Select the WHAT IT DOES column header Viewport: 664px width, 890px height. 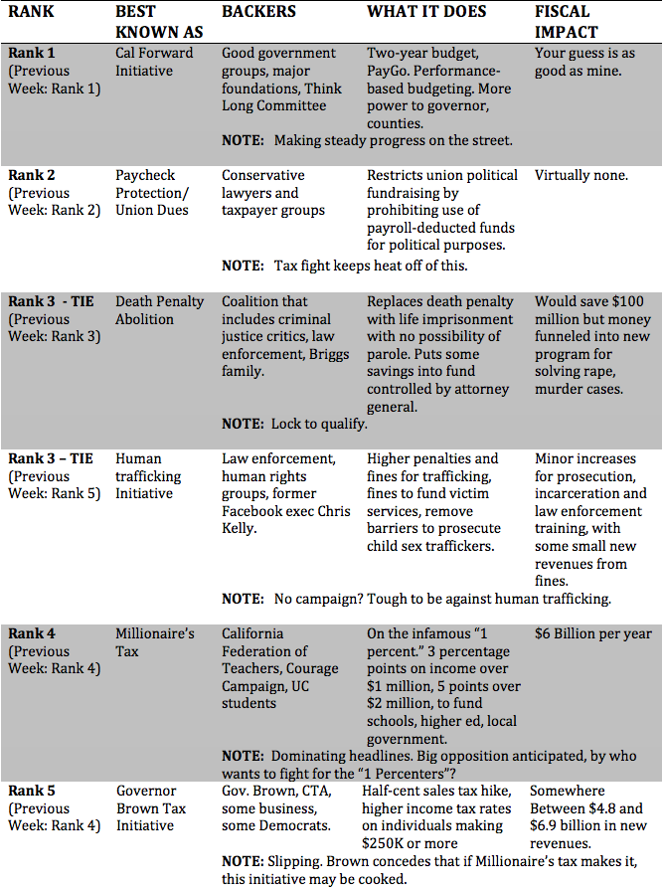(426, 12)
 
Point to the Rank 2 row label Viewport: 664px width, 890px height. (32, 175)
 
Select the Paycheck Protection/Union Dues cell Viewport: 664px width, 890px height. (152, 192)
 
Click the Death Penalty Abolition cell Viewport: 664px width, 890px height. (159, 310)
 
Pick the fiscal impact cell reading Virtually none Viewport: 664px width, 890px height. (581, 175)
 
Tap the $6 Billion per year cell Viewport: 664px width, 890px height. (593, 633)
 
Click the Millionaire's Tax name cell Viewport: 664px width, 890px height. (155, 642)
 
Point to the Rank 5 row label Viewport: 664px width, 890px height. (32, 791)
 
